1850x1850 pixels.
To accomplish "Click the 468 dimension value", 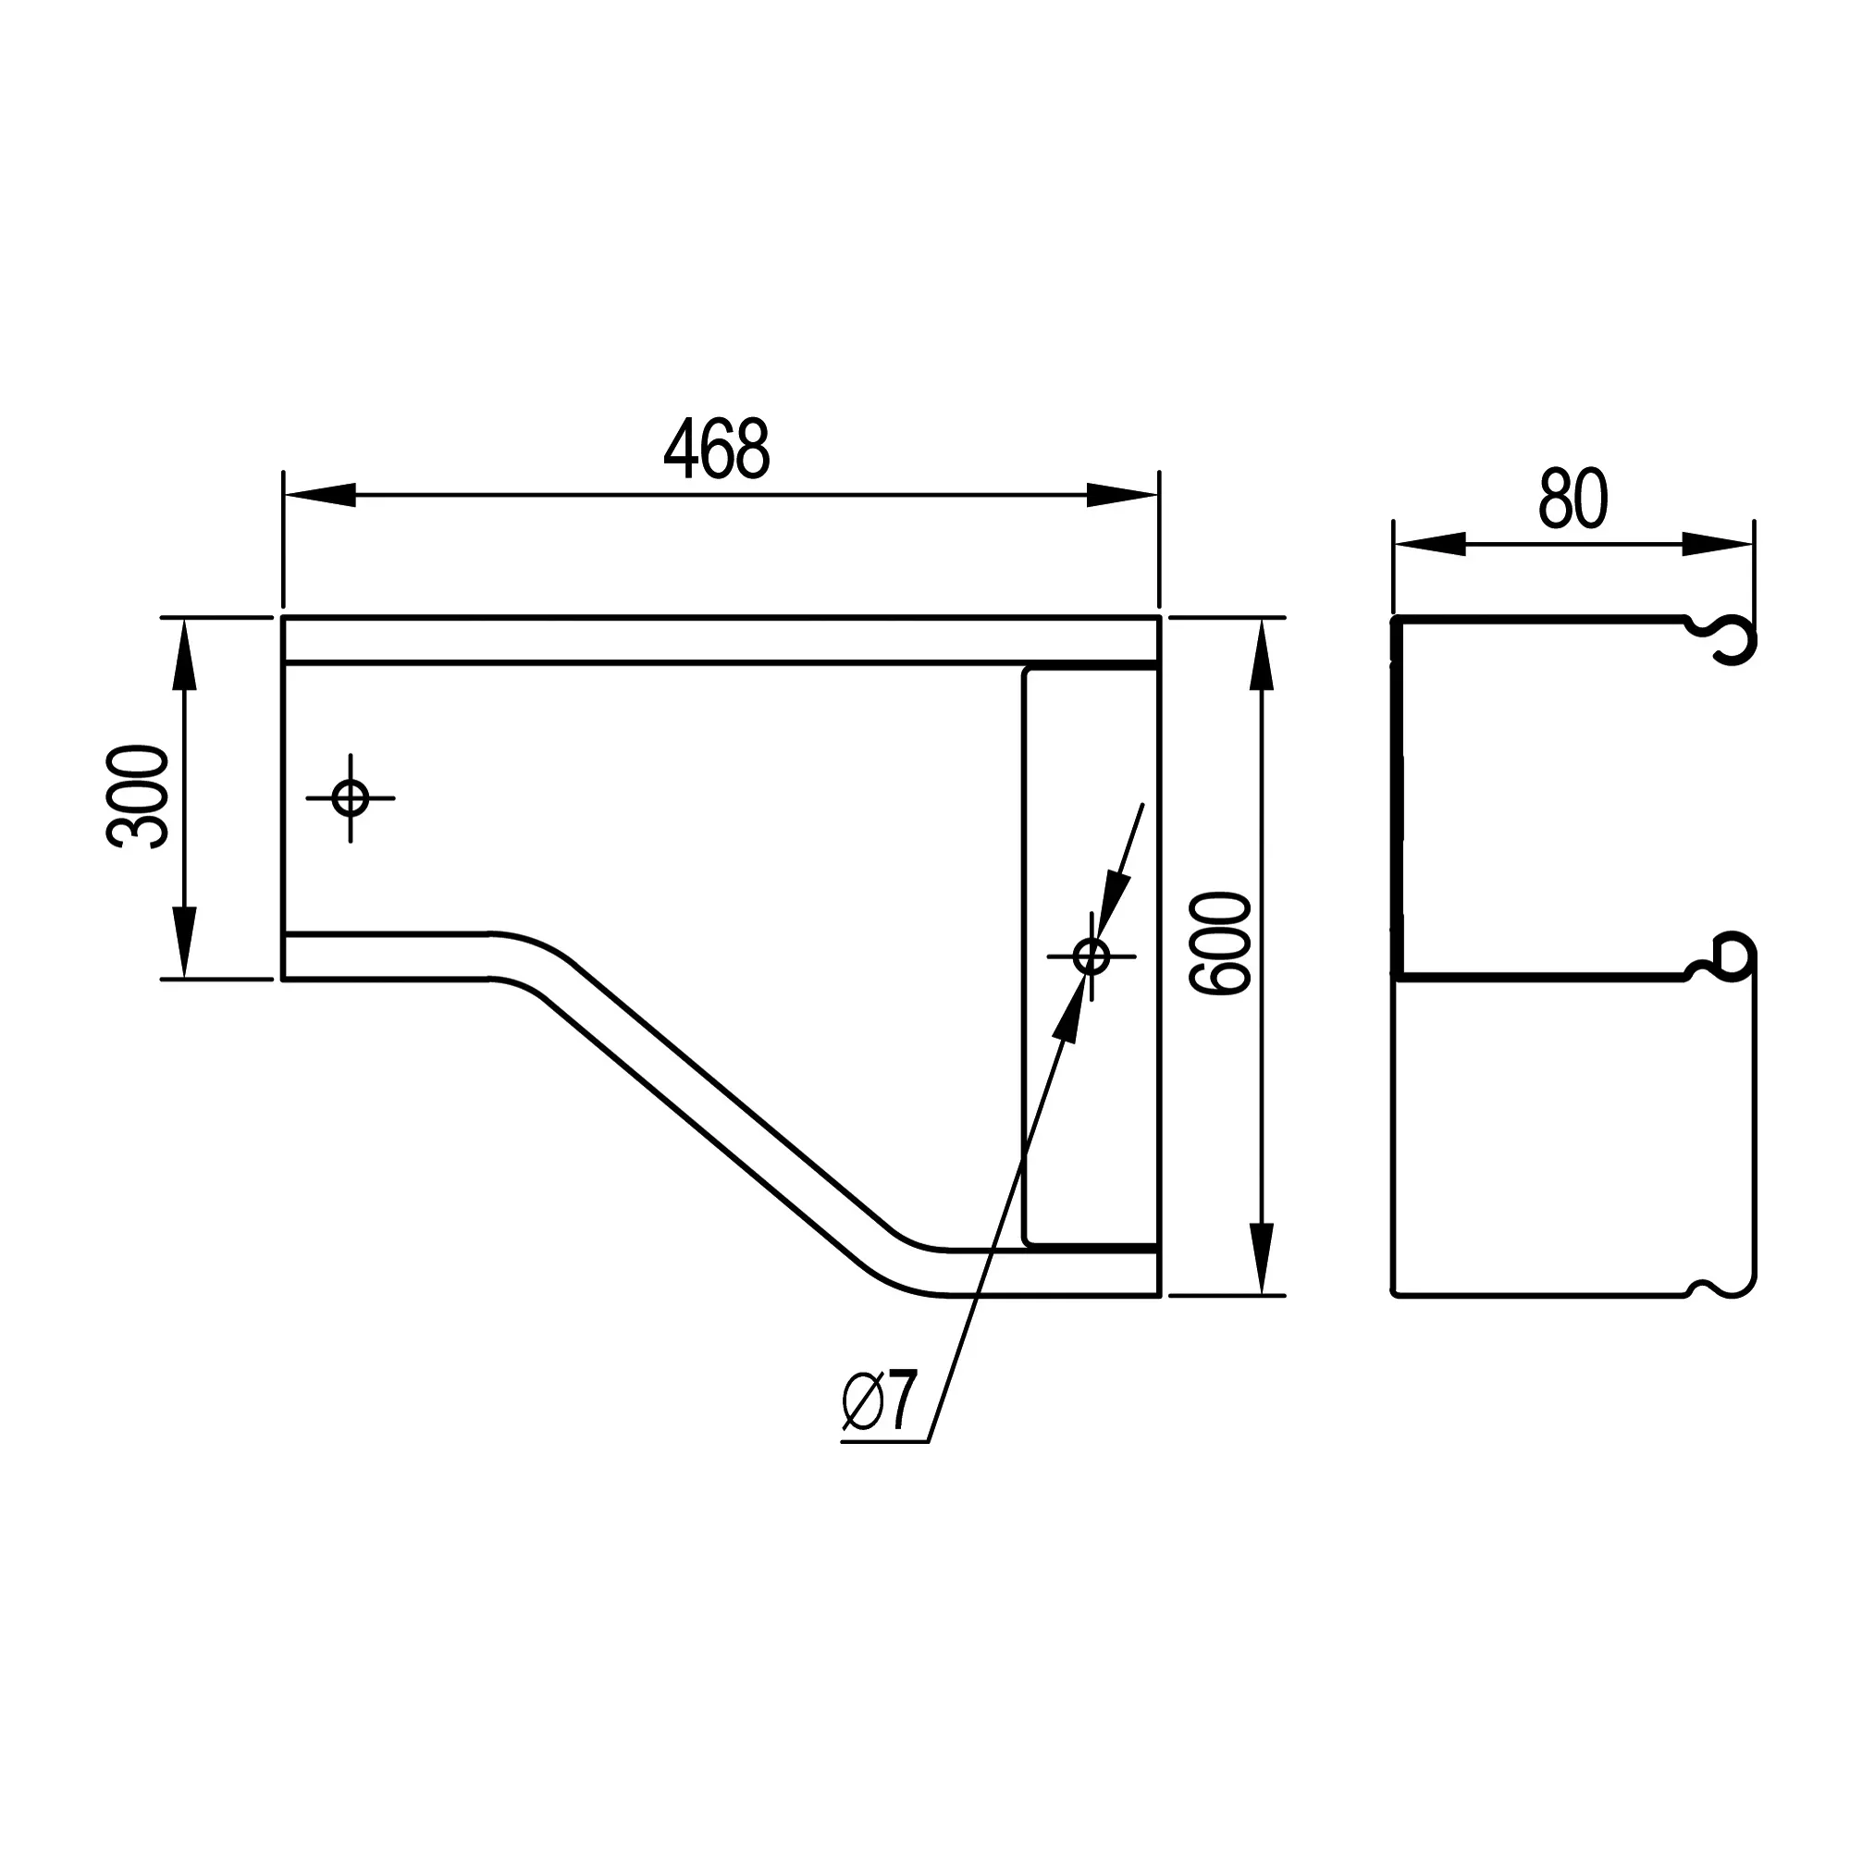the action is (x=716, y=448).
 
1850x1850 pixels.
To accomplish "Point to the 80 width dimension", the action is (x=1573, y=499).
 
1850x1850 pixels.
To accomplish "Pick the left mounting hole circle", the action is (x=351, y=797).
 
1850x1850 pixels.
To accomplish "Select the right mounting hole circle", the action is (x=1091, y=956).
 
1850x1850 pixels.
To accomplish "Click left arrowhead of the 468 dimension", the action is (x=320, y=495).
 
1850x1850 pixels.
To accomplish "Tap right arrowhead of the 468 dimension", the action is (x=1122, y=495).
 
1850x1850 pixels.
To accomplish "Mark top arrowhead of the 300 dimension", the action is (x=184, y=655).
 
